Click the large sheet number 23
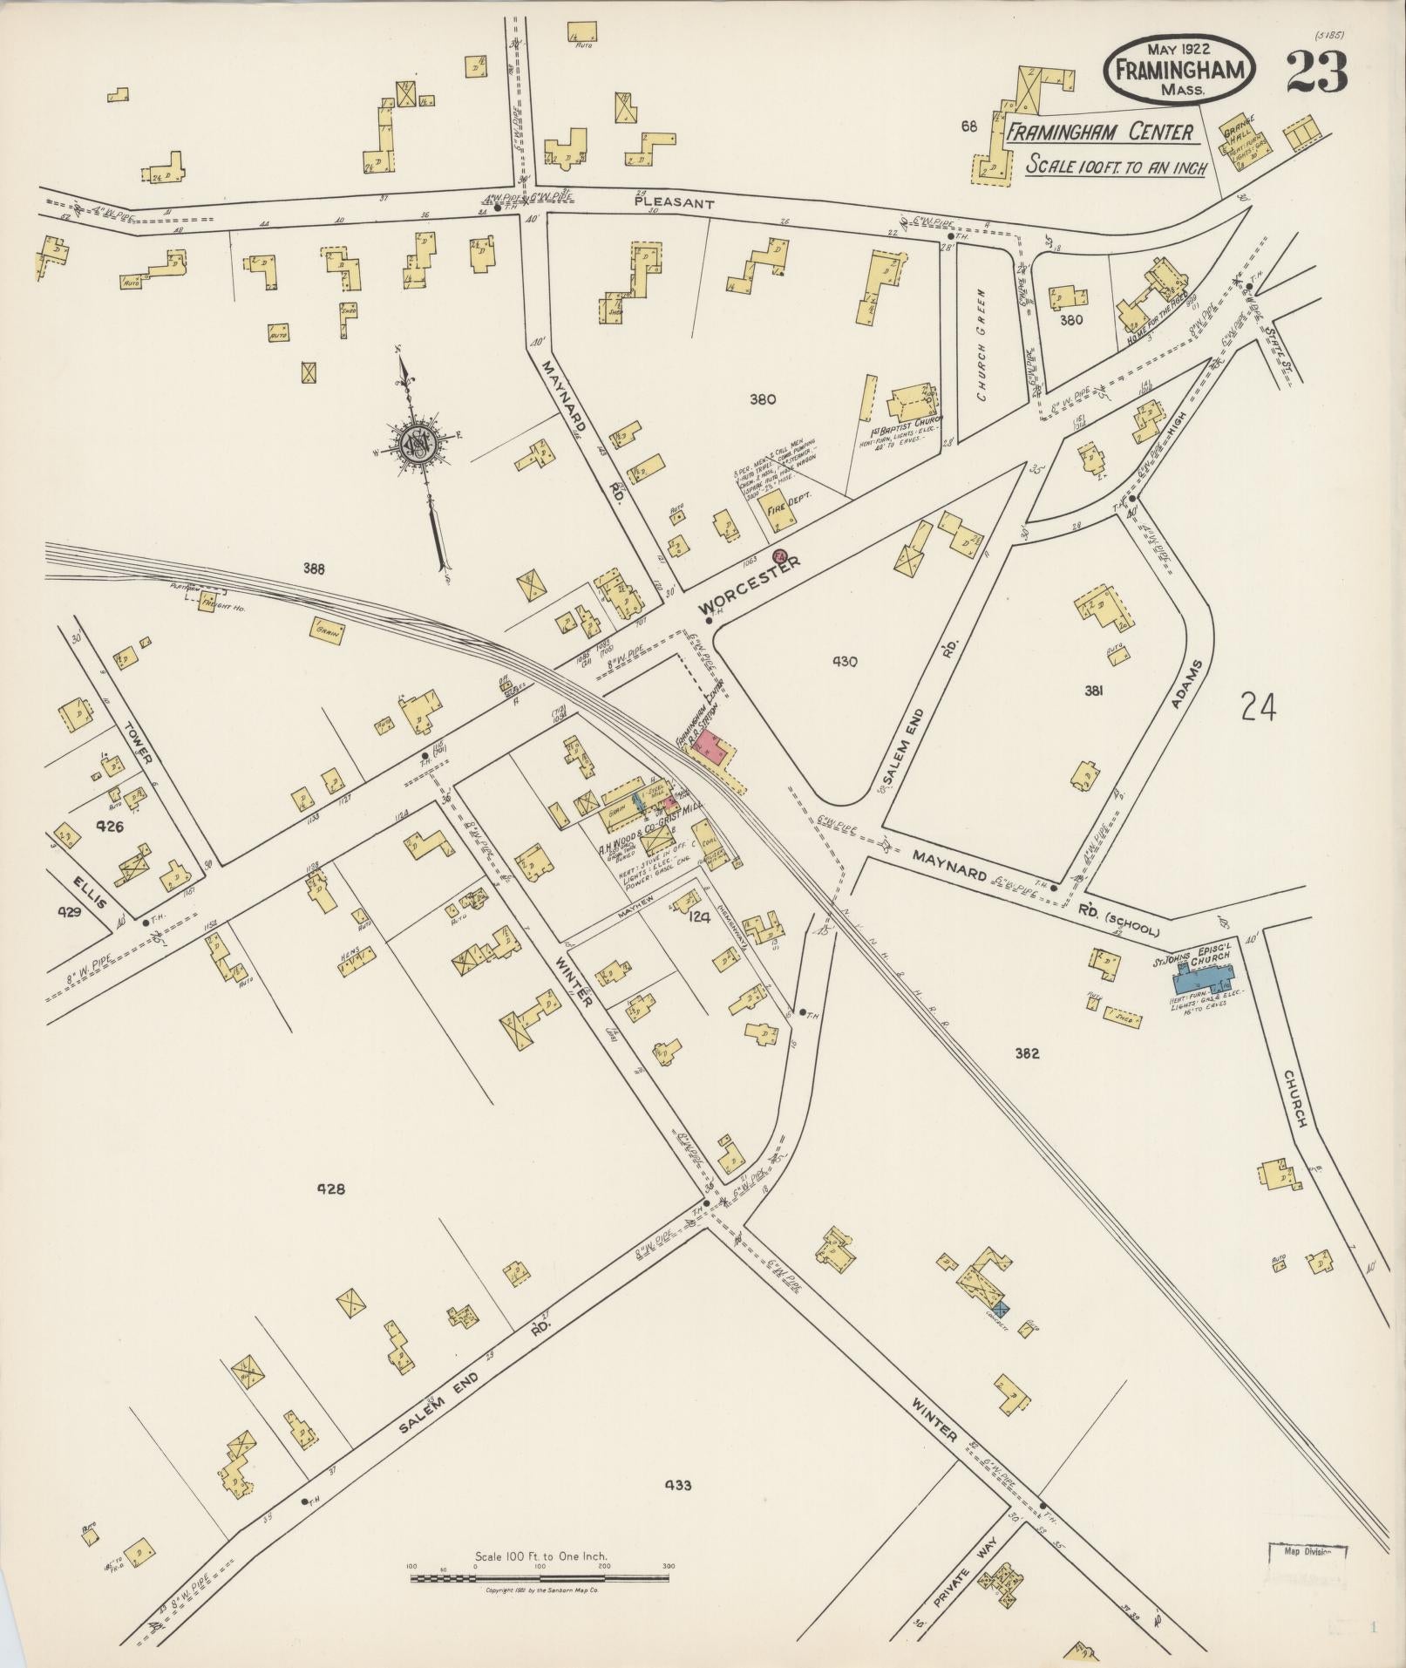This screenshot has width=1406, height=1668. pos(1315,71)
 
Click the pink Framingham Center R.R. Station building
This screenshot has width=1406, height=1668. pos(716,749)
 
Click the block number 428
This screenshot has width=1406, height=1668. pos(331,1188)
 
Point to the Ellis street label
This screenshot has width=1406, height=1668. pos(90,888)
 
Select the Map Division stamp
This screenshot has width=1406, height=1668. pos(1307,1553)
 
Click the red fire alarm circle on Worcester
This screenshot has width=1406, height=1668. pos(780,555)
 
